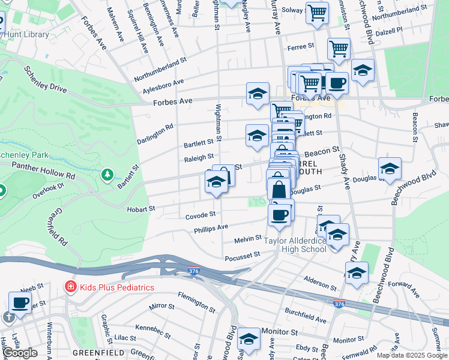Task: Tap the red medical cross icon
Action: pyautogui.click(x=70, y=287)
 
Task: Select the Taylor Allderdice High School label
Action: pyautogui.click(x=296, y=245)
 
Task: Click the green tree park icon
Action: pyautogui.click(x=107, y=175)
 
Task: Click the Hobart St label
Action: pyautogui.click(x=141, y=209)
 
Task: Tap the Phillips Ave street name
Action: pyautogui.click(x=211, y=228)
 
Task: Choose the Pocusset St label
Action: pyautogui.click(x=243, y=254)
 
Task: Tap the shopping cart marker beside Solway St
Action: pyautogui.click(x=317, y=12)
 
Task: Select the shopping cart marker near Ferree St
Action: pyautogui.click(x=339, y=48)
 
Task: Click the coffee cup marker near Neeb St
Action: pyautogui.click(x=20, y=302)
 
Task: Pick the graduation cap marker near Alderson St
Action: pyautogui.click(x=357, y=272)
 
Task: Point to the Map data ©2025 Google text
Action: pyautogui.click(x=412, y=355)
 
